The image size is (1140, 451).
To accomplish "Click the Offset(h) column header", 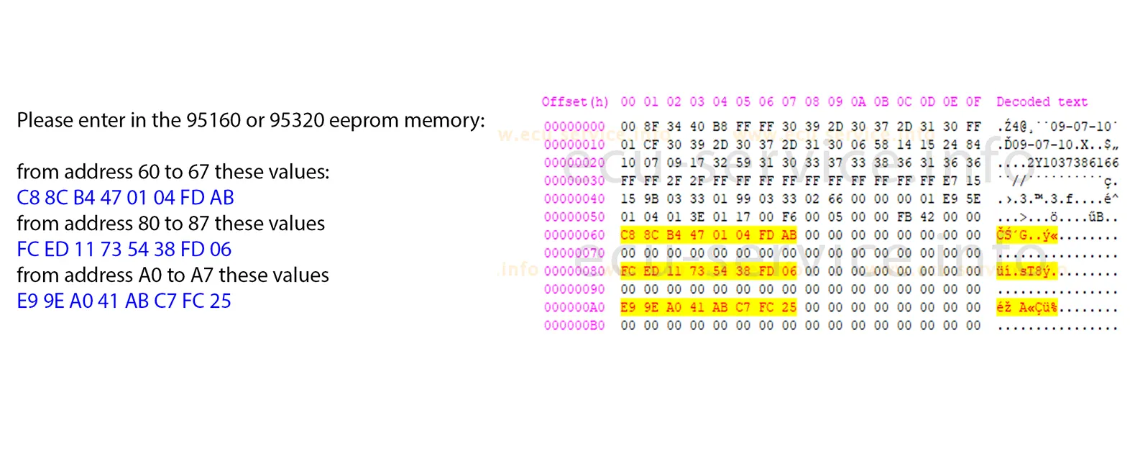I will click(574, 102).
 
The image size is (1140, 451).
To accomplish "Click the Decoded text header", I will click(1042, 102).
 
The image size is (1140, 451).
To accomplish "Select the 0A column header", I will click(858, 102).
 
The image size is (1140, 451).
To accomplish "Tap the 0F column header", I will click(973, 102).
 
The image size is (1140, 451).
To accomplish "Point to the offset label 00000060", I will click(574, 235).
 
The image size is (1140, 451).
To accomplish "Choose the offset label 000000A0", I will click(574, 307).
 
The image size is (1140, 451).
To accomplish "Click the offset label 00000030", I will click(574, 181).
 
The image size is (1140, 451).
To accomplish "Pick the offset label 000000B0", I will click(574, 326).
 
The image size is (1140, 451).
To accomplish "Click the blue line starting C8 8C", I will click(125, 198).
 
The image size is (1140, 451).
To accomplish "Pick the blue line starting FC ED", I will click(124, 250).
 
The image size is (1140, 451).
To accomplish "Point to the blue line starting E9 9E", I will click(124, 301).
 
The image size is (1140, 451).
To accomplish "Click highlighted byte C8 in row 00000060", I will click(628, 235).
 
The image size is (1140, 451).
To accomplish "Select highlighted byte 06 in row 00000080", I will click(789, 271).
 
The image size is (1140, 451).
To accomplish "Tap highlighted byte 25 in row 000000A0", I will click(789, 307).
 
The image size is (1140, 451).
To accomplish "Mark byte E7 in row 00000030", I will click(950, 181).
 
